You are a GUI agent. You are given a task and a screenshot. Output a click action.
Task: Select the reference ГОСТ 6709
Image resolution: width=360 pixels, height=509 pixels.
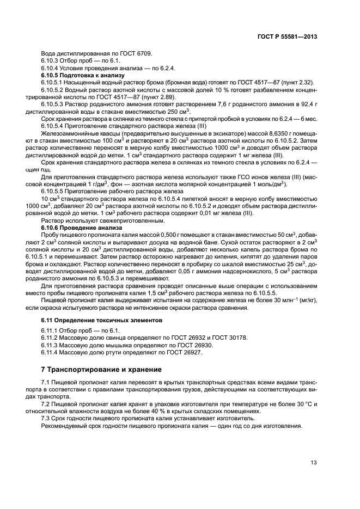[x=138, y=53]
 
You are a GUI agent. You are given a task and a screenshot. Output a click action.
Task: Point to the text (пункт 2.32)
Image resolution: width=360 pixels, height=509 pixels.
[x=301, y=82]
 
